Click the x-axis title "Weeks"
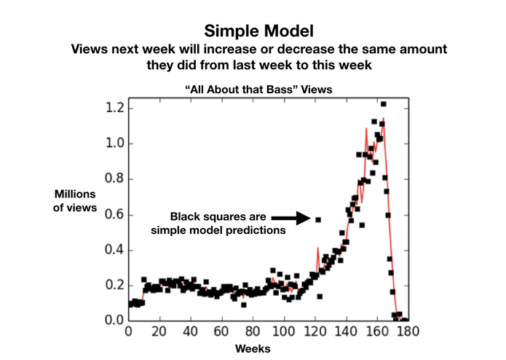pos(252,349)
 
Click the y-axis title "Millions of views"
pos(76,200)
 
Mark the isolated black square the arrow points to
pos(318,219)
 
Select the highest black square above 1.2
pos(383,104)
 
